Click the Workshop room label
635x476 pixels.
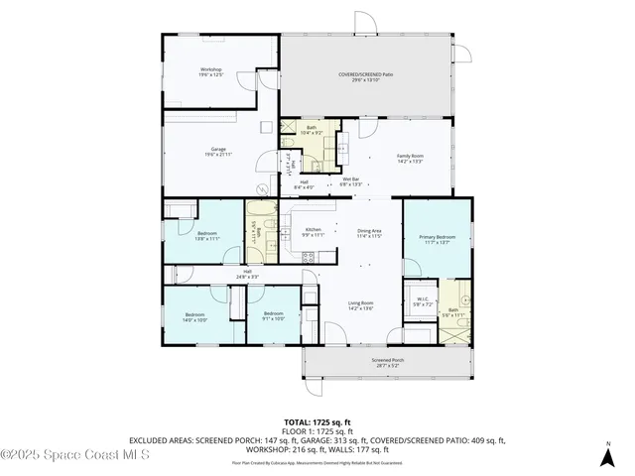pos(209,72)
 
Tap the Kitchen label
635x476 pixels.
pos(313,232)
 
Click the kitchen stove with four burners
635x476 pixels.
pos(308,257)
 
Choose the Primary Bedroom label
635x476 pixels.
pos(437,239)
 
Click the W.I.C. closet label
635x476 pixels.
pos(420,301)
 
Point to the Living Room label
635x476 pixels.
pos(359,305)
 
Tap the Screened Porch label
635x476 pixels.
pos(387,362)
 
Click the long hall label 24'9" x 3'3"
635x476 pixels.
pos(246,275)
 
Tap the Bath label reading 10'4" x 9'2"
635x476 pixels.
pos(311,130)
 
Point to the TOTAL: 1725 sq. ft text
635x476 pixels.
pos(317,421)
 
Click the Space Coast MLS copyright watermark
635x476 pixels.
pos(74,455)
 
